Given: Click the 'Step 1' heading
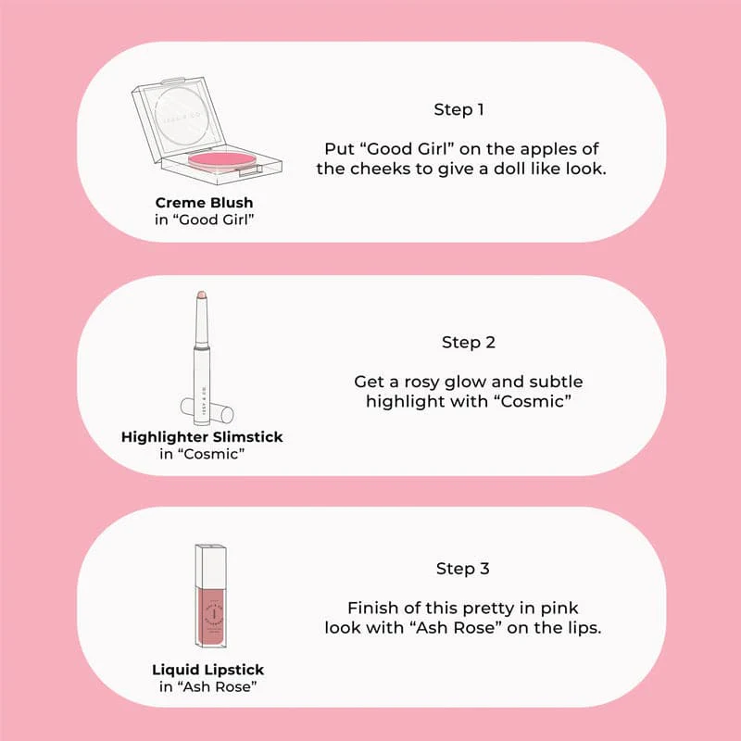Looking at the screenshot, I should [458, 109].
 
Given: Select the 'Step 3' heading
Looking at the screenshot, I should [462, 569].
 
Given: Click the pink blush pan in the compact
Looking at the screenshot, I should [221, 161].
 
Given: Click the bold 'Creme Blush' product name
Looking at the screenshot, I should [204, 202].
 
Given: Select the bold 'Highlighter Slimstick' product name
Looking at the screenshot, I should [202, 436].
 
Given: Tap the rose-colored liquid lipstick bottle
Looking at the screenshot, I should [211, 618].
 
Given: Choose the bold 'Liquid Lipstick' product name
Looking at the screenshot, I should [207, 669].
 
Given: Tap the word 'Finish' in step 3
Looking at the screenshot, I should [372, 608].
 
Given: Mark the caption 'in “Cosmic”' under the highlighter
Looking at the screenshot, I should [202, 454].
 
